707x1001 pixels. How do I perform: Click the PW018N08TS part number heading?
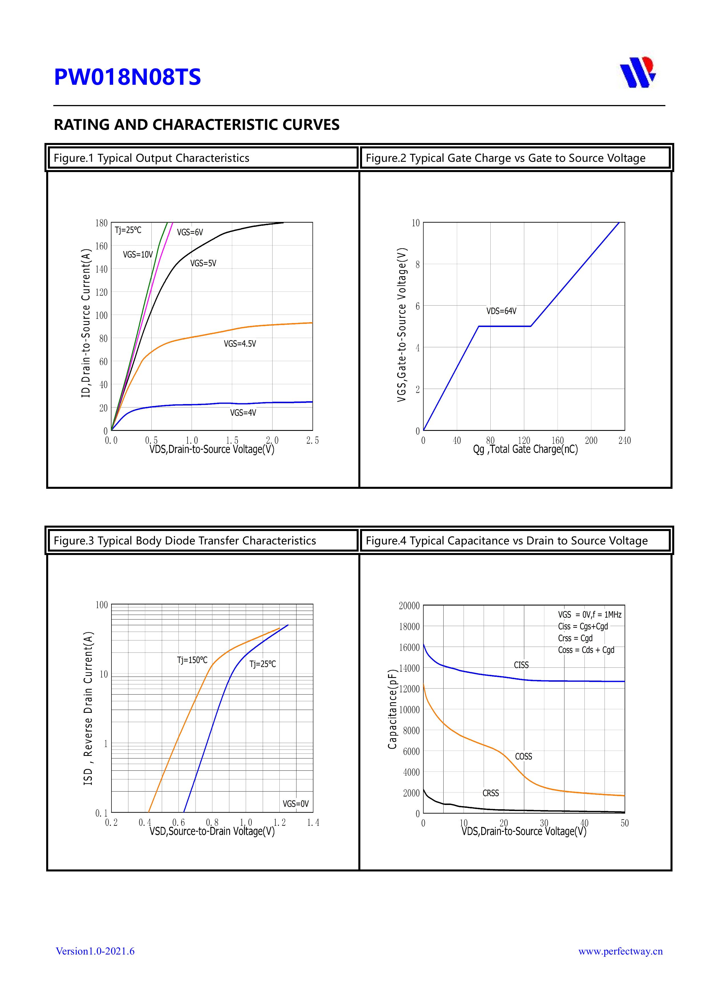[127, 77]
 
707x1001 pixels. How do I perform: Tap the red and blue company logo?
[637, 72]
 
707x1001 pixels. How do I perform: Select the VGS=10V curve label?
[138, 255]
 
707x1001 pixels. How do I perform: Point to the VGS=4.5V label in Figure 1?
[239, 344]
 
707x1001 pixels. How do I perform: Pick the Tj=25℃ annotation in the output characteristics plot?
[128, 230]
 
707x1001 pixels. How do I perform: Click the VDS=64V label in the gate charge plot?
[501, 311]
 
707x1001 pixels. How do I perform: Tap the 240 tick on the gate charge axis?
[624, 441]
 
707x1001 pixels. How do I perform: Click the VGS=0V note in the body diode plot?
[295, 804]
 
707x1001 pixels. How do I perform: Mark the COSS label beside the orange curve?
[523, 757]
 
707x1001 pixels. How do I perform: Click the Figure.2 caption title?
[505, 158]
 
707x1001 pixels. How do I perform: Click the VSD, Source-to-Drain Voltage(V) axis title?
[212, 832]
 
